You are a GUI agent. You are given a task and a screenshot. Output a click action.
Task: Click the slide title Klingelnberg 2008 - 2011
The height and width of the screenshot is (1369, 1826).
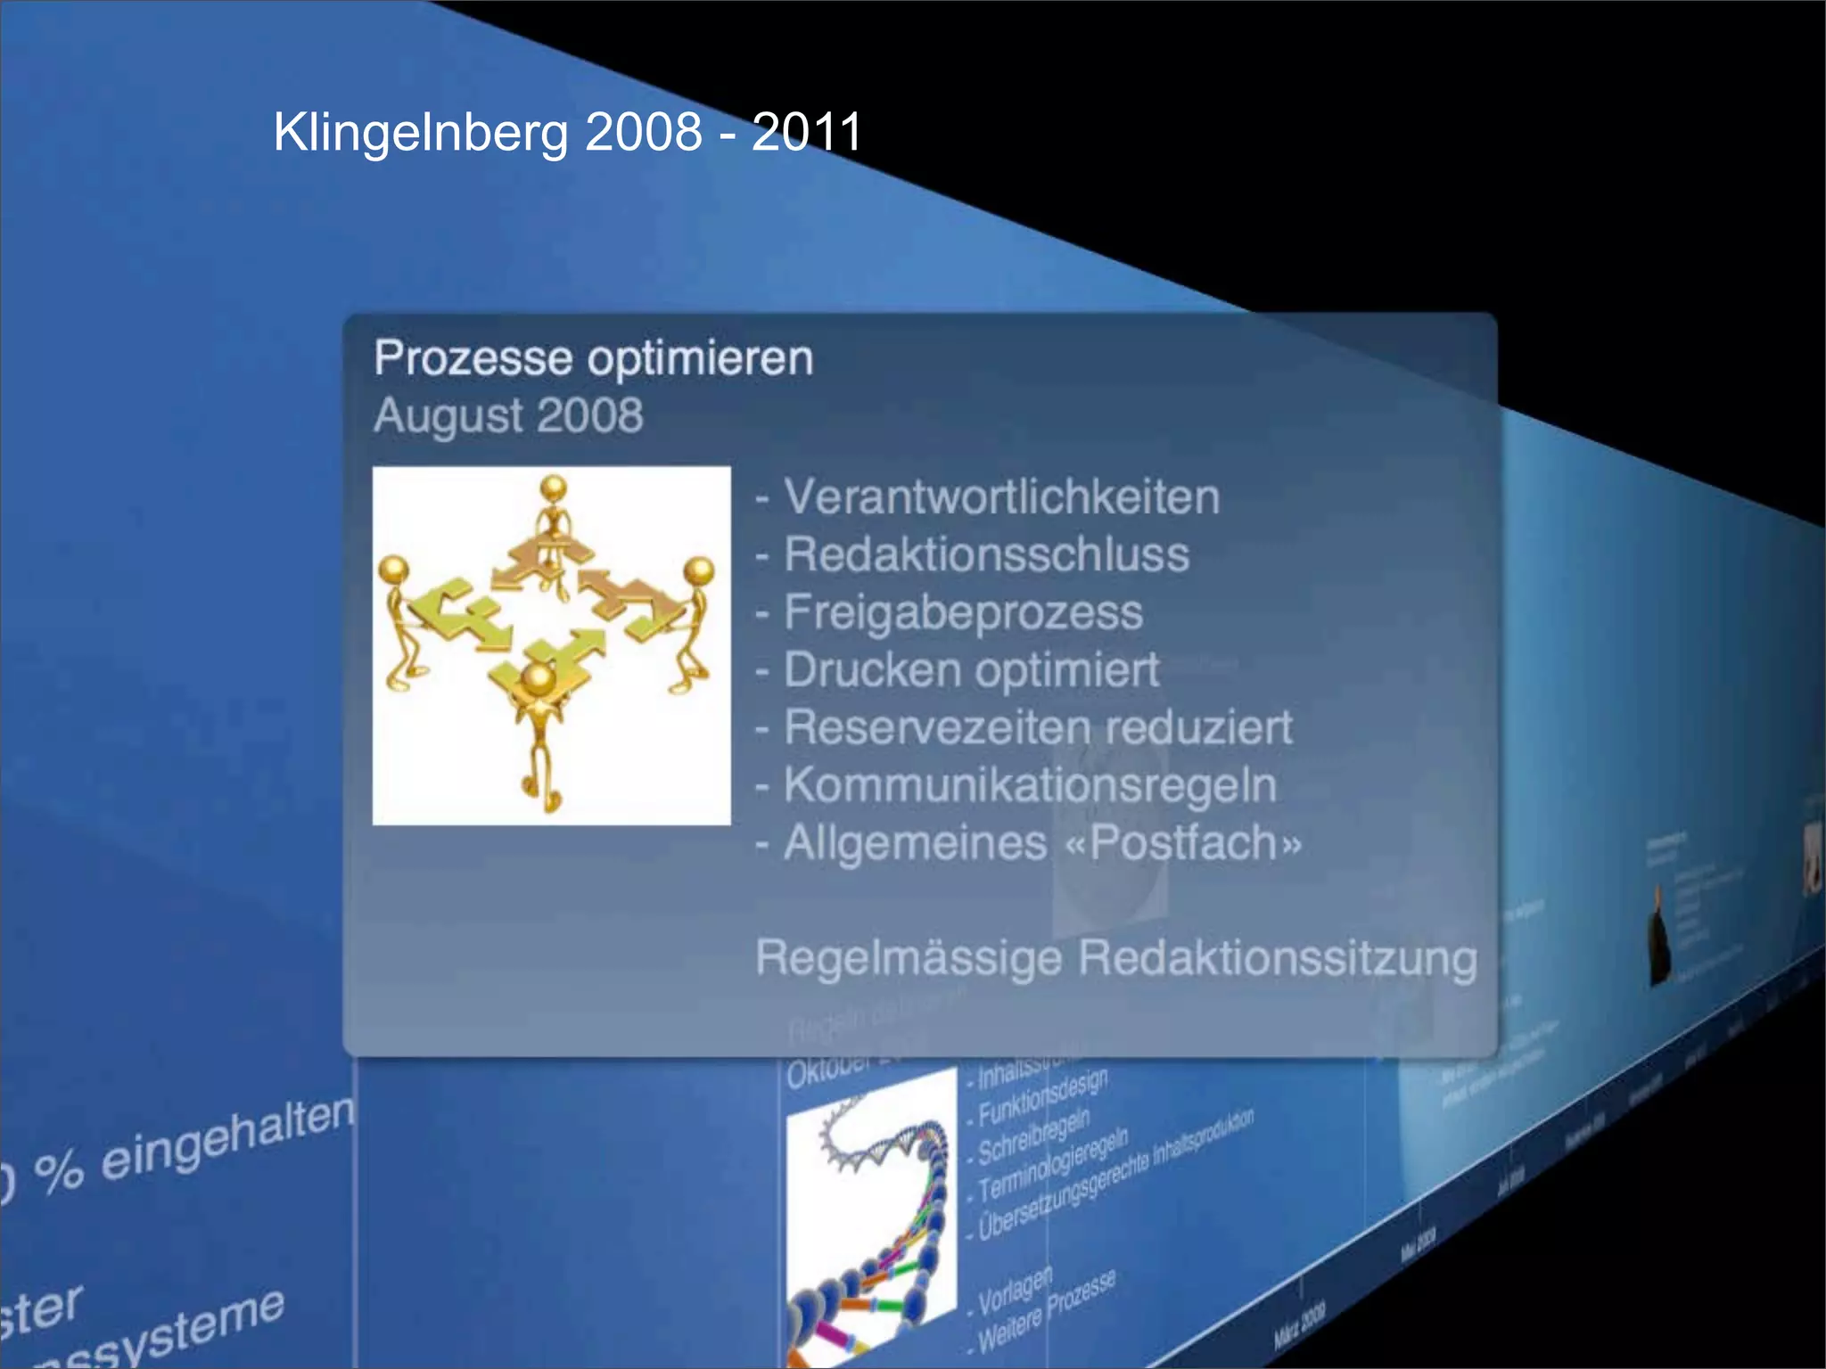click(x=567, y=132)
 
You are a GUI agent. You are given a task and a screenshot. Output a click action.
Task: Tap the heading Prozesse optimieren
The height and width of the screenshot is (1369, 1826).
click(x=593, y=358)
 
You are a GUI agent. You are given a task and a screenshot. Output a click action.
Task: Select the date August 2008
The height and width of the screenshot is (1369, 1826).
click(x=508, y=415)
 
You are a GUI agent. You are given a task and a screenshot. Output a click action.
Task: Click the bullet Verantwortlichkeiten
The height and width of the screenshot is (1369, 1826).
click(x=1000, y=496)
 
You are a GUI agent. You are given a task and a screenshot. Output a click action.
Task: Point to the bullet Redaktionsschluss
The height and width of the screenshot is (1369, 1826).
click(x=986, y=554)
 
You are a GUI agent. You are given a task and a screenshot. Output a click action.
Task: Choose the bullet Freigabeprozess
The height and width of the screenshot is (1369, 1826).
click(x=963, y=612)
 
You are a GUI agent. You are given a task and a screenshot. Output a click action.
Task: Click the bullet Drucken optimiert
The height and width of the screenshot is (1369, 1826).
click(x=971, y=670)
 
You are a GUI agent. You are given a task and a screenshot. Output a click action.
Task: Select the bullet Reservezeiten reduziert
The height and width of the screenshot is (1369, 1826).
click(x=1037, y=727)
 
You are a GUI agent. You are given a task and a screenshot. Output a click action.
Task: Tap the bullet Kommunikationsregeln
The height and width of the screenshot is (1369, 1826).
click(x=1030, y=785)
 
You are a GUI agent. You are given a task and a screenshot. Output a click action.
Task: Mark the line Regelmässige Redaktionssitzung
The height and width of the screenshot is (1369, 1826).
click(x=1115, y=958)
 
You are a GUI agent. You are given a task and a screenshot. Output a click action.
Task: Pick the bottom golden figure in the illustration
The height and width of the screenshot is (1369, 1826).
click(x=539, y=731)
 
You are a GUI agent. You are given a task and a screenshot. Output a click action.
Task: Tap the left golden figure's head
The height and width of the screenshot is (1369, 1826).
click(x=394, y=568)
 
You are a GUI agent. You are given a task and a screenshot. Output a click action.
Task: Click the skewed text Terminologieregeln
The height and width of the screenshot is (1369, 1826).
click(x=1052, y=1163)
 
